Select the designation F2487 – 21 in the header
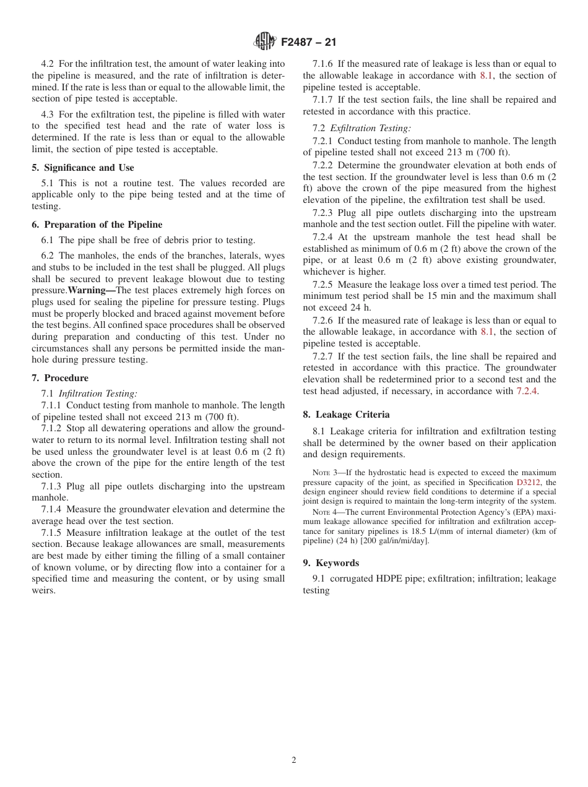click(x=308, y=43)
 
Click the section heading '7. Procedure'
click(x=60, y=378)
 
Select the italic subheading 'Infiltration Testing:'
click(x=98, y=393)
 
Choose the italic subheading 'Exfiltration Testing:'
click(x=370, y=128)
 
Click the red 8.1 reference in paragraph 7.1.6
click(x=486, y=75)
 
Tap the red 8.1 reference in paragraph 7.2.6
click(x=487, y=332)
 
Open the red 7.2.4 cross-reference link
click(x=527, y=391)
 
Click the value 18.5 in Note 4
click(x=404, y=531)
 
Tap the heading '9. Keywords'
click(x=331, y=563)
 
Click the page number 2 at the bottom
click(x=294, y=760)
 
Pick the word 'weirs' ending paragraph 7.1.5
click(x=43, y=590)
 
